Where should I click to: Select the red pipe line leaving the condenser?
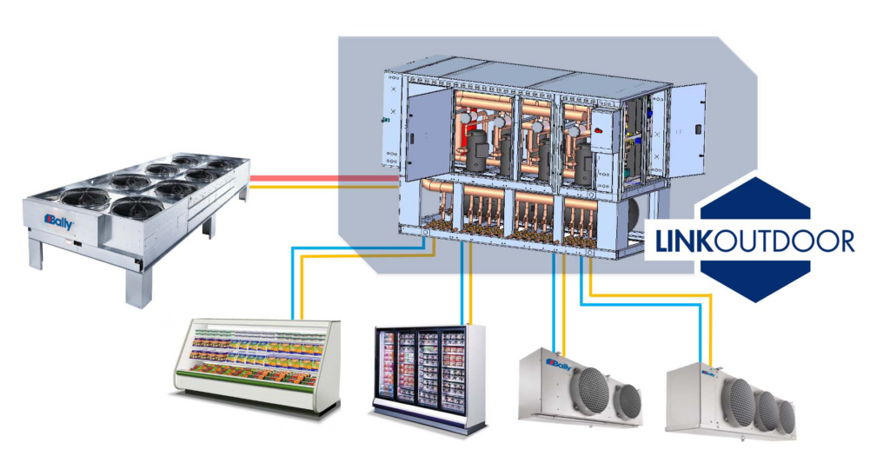322,178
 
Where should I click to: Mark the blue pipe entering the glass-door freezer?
459,287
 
